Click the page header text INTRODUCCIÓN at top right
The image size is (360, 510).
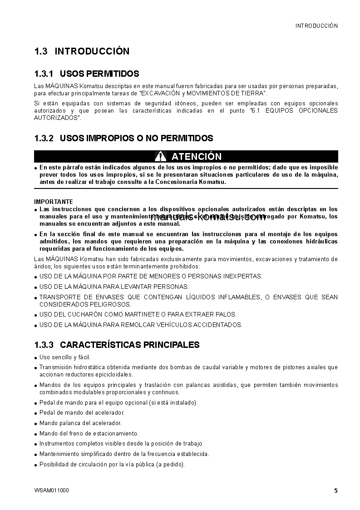(316, 26)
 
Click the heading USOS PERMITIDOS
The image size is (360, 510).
(99, 74)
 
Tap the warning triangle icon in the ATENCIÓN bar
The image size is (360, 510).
(160, 157)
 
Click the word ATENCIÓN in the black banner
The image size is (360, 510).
(197, 157)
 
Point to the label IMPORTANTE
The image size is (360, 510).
(54, 202)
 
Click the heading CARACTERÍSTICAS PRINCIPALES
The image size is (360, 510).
(129, 345)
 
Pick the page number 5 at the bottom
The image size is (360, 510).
(335, 490)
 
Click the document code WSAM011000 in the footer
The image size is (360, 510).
(52, 490)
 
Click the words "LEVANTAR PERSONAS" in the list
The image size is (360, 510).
(162, 287)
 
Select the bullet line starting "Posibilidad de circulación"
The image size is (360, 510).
(112, 464)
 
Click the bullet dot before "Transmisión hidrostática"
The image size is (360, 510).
(36, 368)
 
